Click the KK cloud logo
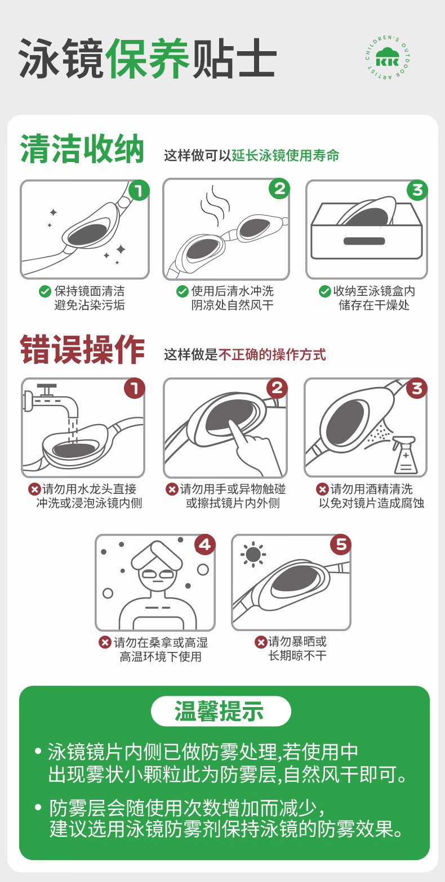388,57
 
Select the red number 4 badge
204,544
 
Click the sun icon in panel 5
253,555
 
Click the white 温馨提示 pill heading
221,711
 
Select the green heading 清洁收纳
82,149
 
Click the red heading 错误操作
82,349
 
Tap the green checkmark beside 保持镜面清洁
45,291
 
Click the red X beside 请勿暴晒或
261,642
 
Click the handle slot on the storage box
364,241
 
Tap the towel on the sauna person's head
158,557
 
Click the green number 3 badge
417,190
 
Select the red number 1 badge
135,388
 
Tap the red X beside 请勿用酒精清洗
322,489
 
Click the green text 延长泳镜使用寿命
286,155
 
